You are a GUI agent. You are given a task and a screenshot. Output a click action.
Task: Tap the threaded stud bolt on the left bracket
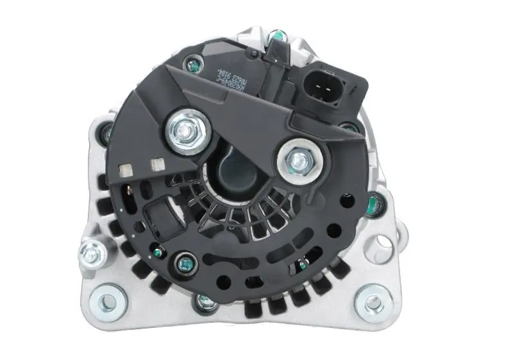tap(91, 254)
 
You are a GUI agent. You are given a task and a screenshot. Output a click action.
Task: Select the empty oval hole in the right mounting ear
tap(383, 243)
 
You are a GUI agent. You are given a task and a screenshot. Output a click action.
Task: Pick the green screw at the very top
tap(276, 35)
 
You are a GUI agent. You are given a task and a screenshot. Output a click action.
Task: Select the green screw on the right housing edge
tap(374, 205)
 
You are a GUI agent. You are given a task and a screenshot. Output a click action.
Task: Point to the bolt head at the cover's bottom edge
tap(204, 301)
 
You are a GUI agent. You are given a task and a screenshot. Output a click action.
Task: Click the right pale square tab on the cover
tap(155, 165)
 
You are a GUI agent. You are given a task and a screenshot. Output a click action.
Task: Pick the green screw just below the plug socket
tap(350, 127)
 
